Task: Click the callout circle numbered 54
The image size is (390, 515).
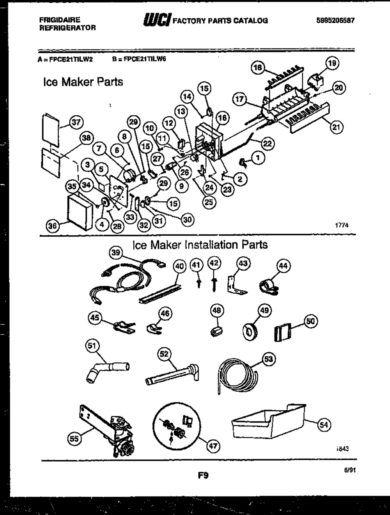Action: (x=324, y=425)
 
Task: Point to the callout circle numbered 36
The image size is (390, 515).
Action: (x=53, y=226)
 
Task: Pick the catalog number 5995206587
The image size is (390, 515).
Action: (x=335, y=21)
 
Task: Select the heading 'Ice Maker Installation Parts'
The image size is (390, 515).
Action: (x=200, y=245)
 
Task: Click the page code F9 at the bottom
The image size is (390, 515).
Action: (x=203, y=475)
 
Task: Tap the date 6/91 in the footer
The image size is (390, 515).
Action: (x=349, y=471)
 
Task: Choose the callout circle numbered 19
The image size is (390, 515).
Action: (x=332, y=63)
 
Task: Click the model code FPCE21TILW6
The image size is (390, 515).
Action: (x=145, y=59)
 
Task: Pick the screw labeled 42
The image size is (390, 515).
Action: (x=214, y=282)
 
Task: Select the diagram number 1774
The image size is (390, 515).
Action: (x=341, y=225)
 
